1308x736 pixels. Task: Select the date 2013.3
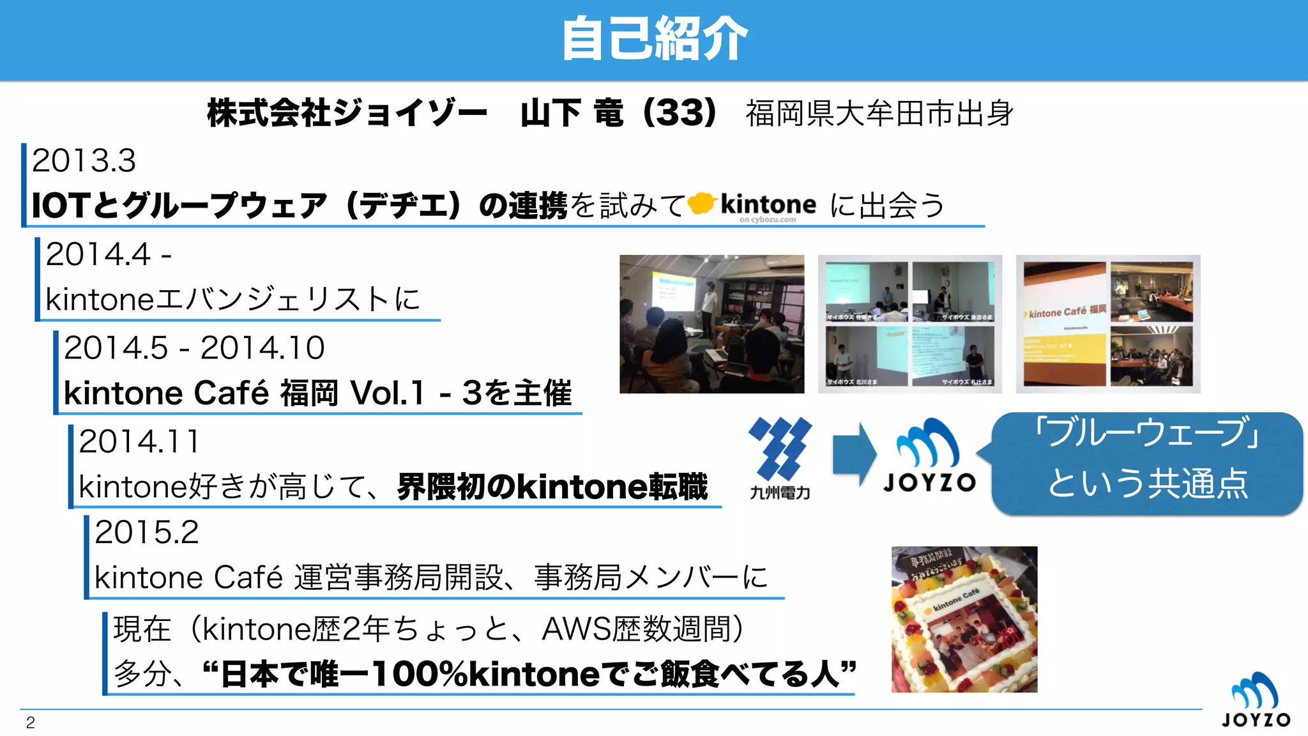[x=84, y=160]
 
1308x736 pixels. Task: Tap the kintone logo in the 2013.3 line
[x=754, y=206]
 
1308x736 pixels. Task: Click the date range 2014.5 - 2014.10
[x=194, y=348]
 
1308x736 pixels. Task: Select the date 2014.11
[x=139, y=441]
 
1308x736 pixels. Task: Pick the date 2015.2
[x=146, y=532]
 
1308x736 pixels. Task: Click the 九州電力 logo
[x=780, y=457]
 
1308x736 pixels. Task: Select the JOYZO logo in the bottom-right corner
[x=1255, y=700]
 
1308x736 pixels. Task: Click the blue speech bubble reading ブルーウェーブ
[x=1147, y=463]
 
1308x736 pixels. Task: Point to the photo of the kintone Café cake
[x=964, y=619]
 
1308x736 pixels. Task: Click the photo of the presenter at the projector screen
[x=711, y=324]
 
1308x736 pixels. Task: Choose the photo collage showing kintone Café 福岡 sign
[x=1108, y=324]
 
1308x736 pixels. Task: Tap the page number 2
[x=30, y=723]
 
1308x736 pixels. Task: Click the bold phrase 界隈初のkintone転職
[x=552, y=487]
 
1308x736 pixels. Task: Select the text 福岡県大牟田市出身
[x=879, y=114]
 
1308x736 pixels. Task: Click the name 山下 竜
[x=572, y=113]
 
